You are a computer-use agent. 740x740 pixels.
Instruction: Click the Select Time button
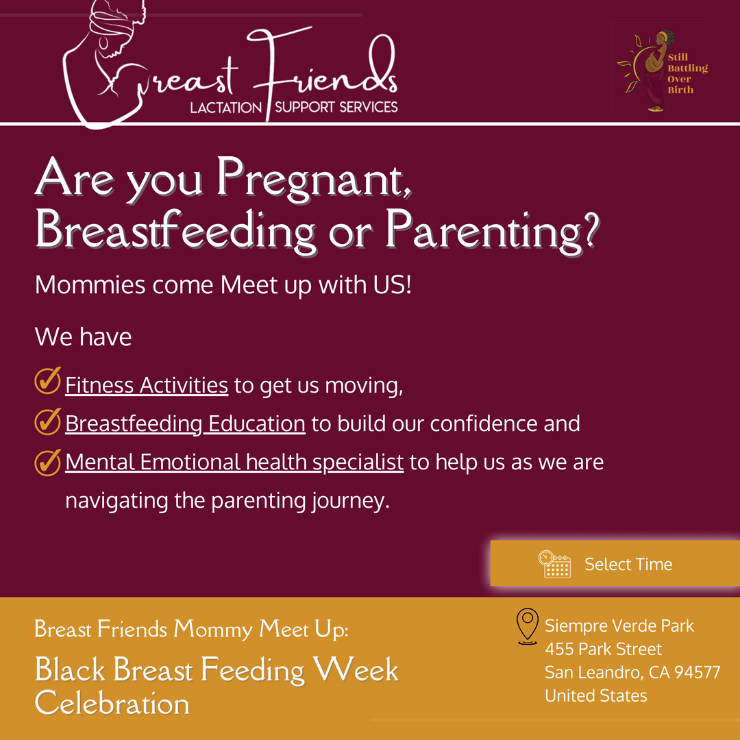615,564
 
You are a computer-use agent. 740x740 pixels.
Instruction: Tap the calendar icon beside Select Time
554,564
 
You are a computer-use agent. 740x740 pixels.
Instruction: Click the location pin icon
527,626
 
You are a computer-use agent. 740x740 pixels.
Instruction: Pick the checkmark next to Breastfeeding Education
47,421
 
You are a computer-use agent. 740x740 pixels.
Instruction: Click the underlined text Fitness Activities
147,385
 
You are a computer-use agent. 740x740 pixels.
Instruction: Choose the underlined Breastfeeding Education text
185,423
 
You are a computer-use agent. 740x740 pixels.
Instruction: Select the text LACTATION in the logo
226,108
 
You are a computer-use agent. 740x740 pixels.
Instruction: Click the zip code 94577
698,672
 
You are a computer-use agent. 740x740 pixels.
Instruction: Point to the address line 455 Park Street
603,649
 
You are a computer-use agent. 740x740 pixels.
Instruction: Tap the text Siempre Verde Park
619,626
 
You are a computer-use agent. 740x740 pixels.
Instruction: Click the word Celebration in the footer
112,704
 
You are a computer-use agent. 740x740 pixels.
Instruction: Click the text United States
595,695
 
